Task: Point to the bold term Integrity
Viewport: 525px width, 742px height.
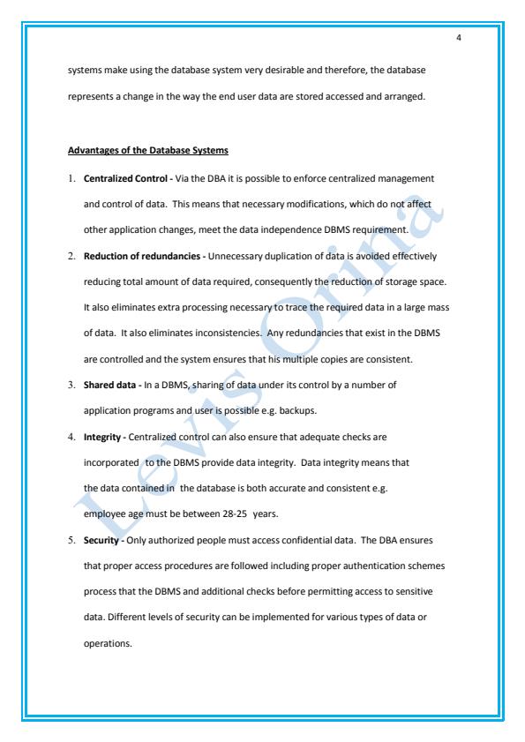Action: [103, 436]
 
